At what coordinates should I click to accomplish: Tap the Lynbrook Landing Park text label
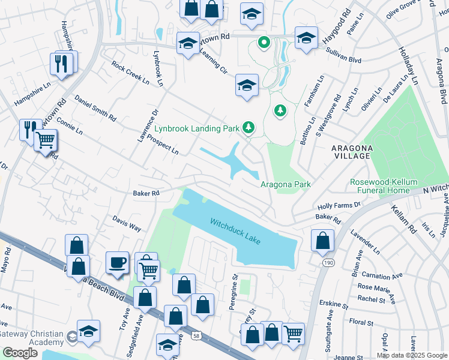tap(197, 128)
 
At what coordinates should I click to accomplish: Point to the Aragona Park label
tap(285, 184)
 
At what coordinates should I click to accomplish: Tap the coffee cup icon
tap(117, 262)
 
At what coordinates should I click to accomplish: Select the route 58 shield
tap(197, 337)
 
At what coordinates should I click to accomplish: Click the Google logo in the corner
tap(20, 352)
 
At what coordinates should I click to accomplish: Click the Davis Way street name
tap(127, 224)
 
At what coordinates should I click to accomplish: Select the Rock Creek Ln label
tap(125, 71)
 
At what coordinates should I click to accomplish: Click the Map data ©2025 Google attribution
tap(412, 355)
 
